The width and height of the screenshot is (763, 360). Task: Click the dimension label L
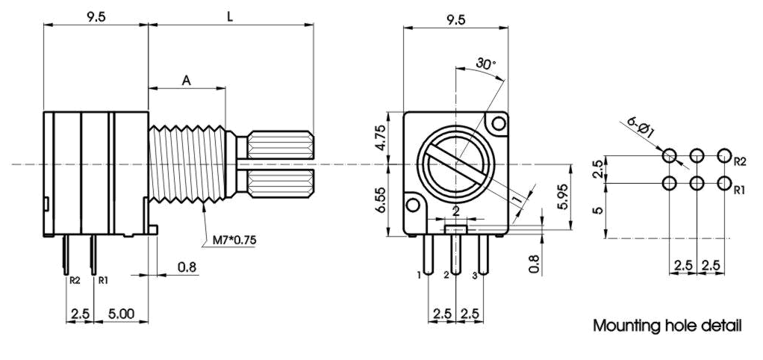click(x=230, y=16)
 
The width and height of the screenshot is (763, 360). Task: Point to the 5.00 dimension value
click(x=121, y=314)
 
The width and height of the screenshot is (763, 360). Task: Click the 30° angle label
click(x=485, y=65)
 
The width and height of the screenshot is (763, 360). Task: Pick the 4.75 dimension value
click(x=379, y=138)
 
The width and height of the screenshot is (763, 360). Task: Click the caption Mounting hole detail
click(x=667, y=326)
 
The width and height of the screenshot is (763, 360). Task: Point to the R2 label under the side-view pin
click(x=74, y=281)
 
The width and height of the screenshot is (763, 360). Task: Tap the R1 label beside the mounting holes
click(x=739, y=190)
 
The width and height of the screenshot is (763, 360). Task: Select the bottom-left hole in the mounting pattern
click(x=670, y=183)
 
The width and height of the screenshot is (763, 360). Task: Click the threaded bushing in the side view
click(x=187, y=163)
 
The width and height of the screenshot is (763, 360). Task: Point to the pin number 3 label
click(x=475, y=276)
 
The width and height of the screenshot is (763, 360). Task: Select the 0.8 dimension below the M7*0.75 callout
click(x=187, y=267)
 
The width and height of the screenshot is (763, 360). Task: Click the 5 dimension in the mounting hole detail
click(x=598, y=211)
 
